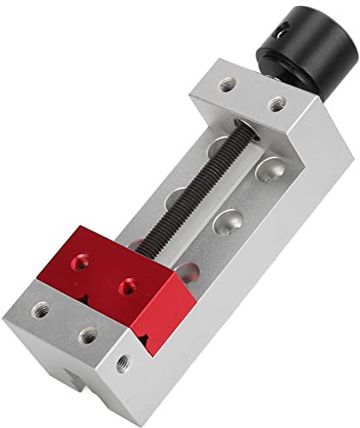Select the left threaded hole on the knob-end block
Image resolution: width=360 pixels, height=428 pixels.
coord(227,85)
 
